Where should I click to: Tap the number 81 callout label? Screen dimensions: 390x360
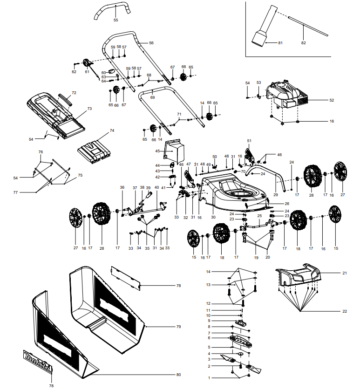click(x=280, y=43)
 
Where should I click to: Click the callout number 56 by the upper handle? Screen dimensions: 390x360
click(x=151, y=43)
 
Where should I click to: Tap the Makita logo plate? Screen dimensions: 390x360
click(x=39, y=363)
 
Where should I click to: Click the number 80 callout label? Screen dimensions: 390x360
click(x=178, y=375)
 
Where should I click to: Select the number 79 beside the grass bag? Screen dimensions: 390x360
click(x=178, y=327)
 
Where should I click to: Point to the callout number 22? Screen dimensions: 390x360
click(x=345, y=311)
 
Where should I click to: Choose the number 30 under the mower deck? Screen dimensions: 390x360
click(x=213, y=217)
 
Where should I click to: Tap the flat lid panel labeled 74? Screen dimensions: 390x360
click(x=95, y=151)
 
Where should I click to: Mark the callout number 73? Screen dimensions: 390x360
click(x=90, y=108)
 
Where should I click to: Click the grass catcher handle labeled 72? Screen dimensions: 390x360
click(x=66, y=99)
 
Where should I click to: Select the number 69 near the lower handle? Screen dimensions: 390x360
click(x=152, y=97)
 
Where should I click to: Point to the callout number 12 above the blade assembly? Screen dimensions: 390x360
click(x=209, y=303)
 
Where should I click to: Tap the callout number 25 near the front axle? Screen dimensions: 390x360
click(x=259, y=216)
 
